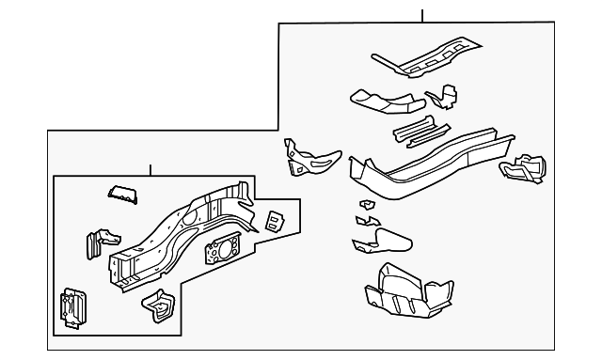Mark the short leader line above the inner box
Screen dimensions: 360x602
tap(150, 170)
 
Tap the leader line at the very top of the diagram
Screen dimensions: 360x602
tap(422, 15)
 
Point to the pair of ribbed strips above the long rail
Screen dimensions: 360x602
tap(415, 130)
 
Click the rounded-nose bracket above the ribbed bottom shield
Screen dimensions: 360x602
tap(383, 241)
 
